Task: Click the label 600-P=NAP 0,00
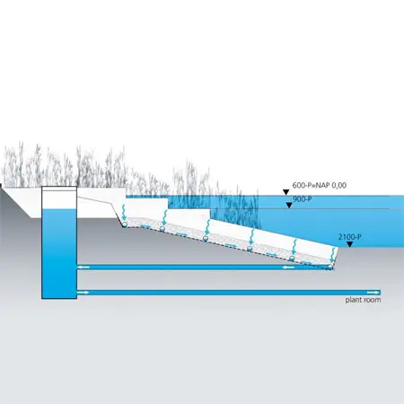320,185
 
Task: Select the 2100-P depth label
349,237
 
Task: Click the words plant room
363,300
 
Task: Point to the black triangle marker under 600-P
286,192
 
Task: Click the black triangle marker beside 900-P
289,205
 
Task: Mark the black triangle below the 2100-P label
349,244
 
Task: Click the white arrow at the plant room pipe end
373,292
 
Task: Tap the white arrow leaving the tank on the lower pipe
83,292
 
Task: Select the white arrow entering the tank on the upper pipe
83,267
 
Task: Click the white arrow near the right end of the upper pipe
289,267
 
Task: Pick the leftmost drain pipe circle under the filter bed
125,224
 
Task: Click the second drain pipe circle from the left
162,229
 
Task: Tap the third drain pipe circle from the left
206,238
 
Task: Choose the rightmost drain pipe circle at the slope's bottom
330,267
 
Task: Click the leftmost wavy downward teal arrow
124,213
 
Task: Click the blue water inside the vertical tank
59,254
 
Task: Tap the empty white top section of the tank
59,198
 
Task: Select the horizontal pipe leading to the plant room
229,293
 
